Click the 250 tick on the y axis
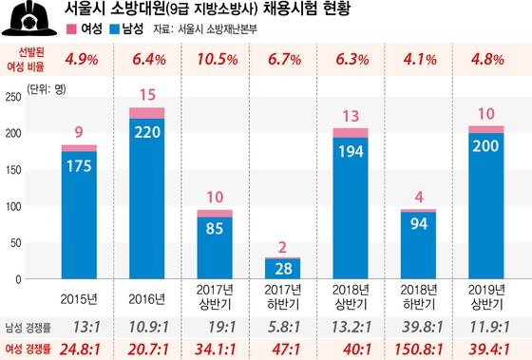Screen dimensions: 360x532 pyautogui.click(x=13, y=97)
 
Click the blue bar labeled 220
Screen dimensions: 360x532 pyautogui.click(x=146, y=199)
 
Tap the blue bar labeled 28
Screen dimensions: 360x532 pyautogui.click(x=282, y=270)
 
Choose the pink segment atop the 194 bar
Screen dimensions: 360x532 pyautogui.click(x=350, y=132)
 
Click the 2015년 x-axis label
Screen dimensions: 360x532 pyautogui.click(x=80, y=298)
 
